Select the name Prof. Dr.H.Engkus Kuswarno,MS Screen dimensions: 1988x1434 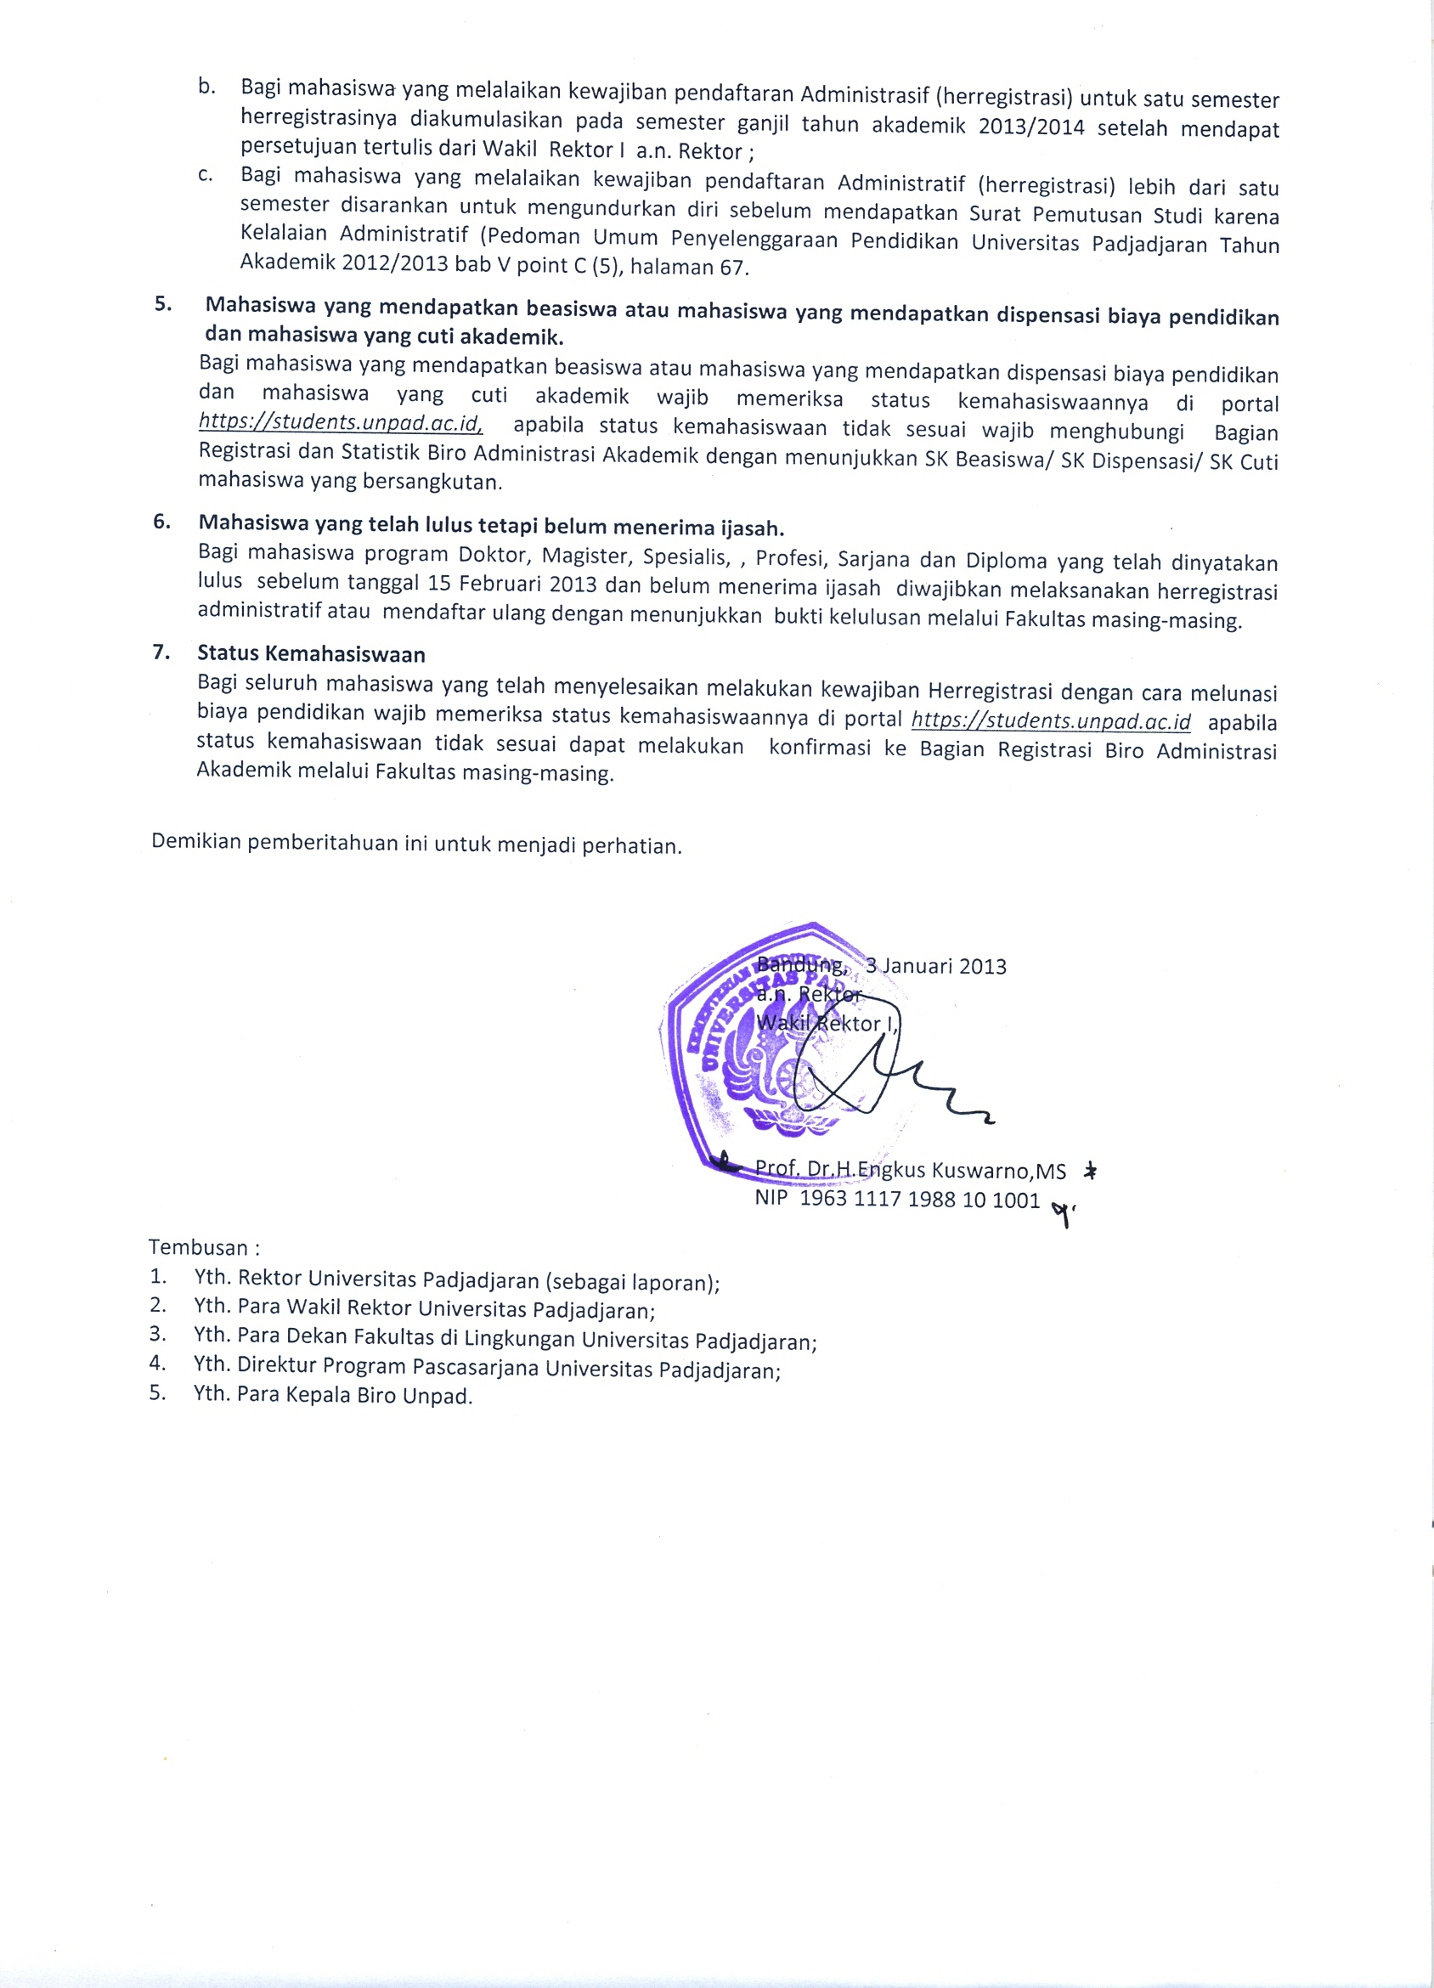pyautogui.click(x=910, y=1170)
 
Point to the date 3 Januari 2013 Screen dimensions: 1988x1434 pyautogui.click(x=935, y=966)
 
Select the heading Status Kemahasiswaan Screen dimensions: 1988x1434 pyautogui.click(x=311, y=654)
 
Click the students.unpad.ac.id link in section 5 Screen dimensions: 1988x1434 pyautogui.click(x=340, y=422)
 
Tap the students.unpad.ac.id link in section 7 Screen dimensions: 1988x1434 pyautogui.click(x=1051, y=721)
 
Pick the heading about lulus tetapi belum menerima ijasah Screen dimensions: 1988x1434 pyautogui.click(x=491, y=526)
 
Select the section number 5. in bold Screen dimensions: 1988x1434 pyautogui.click(x=163, y=305)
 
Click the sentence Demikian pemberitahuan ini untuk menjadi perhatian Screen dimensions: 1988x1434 pyautogui.click(x=416, y=844)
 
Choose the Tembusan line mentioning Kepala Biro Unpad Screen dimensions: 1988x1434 pyautogui.click(x=333, y=1395)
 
